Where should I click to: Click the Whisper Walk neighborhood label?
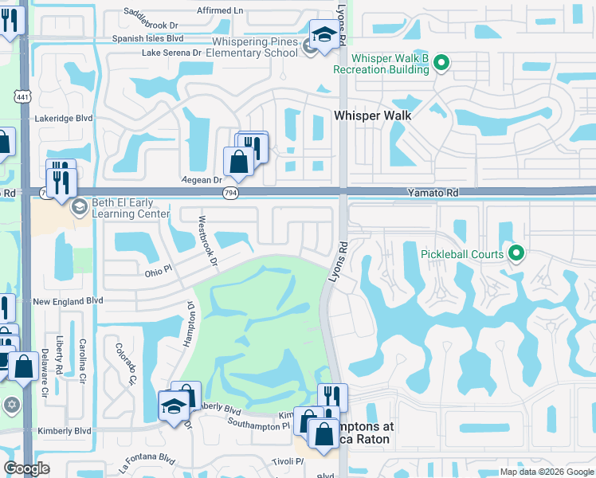[372, 116]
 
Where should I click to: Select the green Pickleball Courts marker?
[516, 254]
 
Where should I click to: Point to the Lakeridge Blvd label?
[65, 118]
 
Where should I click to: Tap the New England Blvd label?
[69, 301]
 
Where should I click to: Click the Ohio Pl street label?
[158, 272]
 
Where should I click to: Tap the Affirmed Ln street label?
[221, 10]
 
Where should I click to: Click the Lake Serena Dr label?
[171, 53]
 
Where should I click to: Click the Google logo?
[26, 468]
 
